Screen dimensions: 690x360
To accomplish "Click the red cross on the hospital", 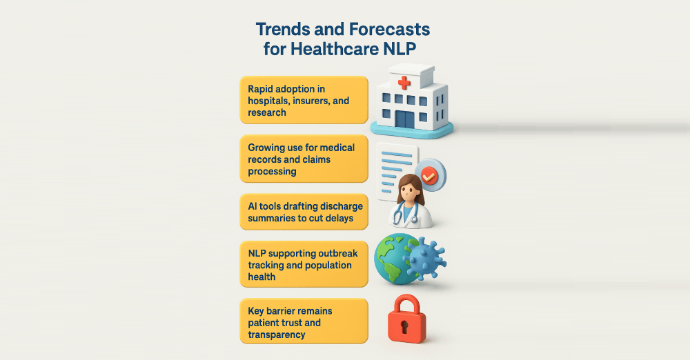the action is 404,82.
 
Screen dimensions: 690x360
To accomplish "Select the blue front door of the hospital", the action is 404,119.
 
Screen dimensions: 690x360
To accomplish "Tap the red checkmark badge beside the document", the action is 429,175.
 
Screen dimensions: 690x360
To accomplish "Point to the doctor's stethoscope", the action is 405,213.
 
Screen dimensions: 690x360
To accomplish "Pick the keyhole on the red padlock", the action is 405,327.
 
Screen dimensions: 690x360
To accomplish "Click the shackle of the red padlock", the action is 406,304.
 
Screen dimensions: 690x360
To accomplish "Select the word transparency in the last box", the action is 277,335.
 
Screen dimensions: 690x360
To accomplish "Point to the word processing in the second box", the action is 272,171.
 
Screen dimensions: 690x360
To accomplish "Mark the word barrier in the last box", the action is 282,311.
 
